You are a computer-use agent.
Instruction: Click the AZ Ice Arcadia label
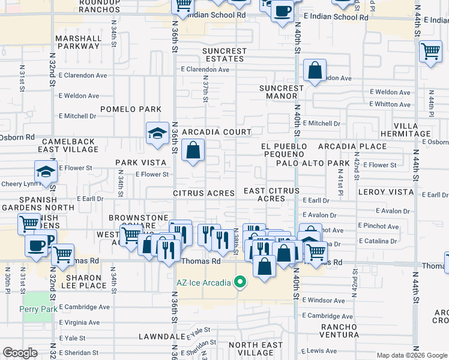[x=203, y=283]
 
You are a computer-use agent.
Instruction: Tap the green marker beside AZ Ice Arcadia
[x=240, y=281]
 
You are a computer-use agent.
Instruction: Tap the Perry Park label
[x=38, y=310]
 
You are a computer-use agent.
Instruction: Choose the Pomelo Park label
[x=131, y=109]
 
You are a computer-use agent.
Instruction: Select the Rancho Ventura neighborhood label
[x=331, y=331]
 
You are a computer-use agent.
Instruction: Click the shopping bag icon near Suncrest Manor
[x=315, y=71]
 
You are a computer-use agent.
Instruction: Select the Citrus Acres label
[x=203, y=193]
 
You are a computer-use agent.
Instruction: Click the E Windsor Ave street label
[x=324, y=300]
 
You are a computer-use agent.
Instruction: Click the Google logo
[x=20, y=353]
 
